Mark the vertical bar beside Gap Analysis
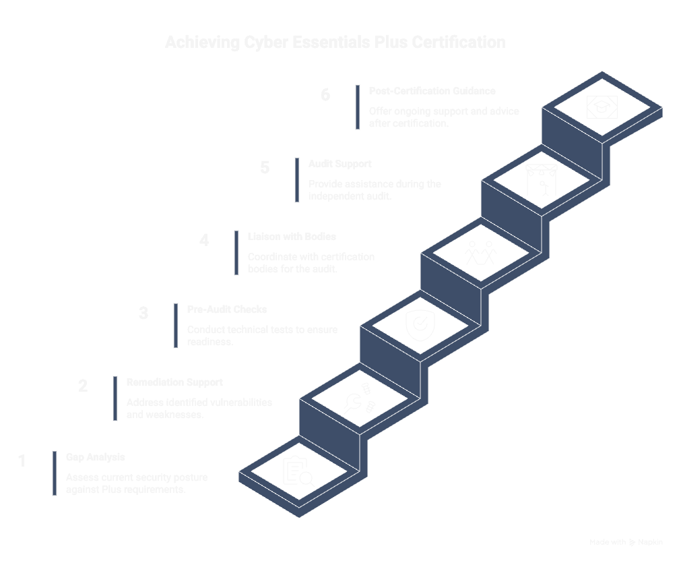55,473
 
